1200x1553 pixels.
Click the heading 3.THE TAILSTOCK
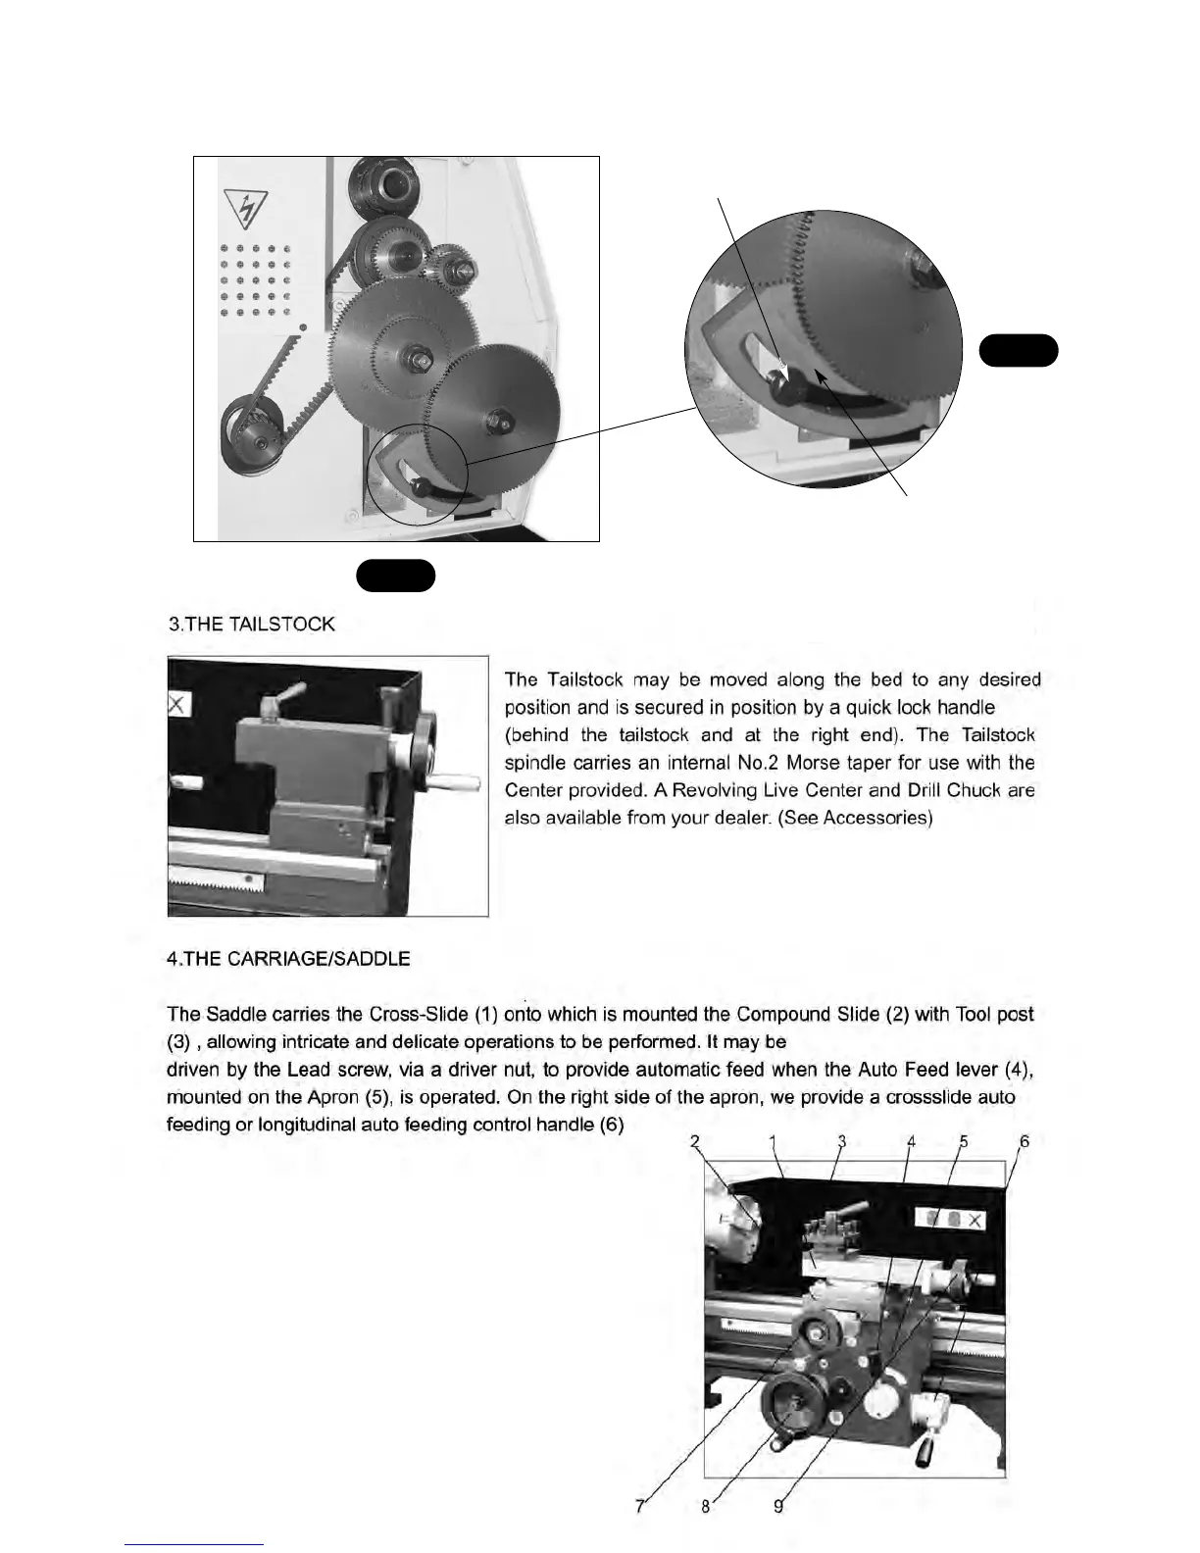[x=252, y=625]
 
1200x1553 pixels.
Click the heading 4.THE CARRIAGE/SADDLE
[x=288, y=959]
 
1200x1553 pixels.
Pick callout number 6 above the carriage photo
[x=1025, y=1141]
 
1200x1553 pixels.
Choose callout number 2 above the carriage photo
[x=694, y=1141]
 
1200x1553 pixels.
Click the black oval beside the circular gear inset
[x=1019, y=350]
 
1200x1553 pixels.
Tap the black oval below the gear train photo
[x=395, y=576]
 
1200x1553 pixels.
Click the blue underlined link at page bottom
[x=195, y=1544]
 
